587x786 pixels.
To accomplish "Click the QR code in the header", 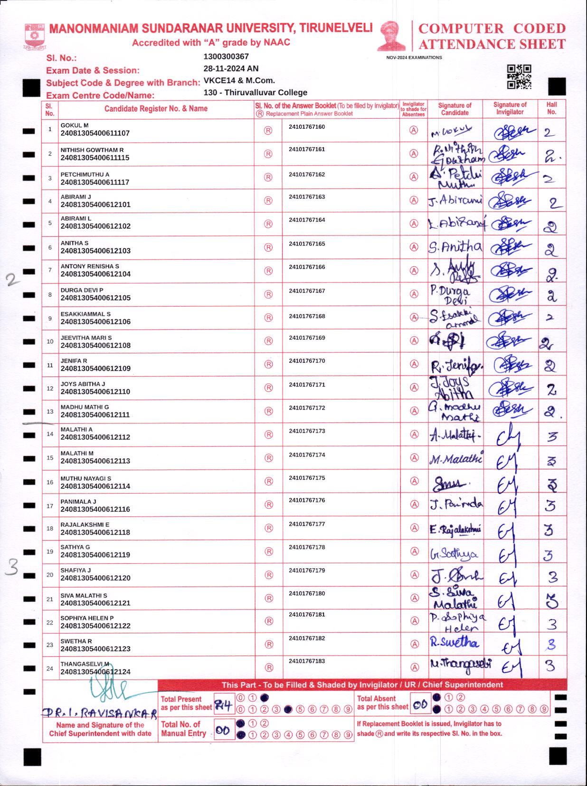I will tap(519, 77).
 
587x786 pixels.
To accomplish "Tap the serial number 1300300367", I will tap(226, 56).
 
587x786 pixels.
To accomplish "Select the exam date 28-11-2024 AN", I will tap(231, 68).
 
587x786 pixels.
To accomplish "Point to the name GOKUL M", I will tap(75, 125).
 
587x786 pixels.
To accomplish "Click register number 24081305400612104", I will tap(95, 274).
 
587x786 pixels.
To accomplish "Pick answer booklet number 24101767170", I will tap(307, 361).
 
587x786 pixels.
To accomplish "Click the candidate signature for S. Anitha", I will tap(454, 247).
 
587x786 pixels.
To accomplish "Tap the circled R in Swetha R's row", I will tap(269, 644).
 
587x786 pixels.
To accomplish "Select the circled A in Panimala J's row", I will tap(415, 505).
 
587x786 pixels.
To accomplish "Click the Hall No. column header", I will tap(551, 108).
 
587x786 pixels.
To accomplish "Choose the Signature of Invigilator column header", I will tap(510, 108).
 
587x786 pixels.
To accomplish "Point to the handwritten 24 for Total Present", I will tap(223, 705).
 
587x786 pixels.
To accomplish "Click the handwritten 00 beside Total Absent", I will tap(420, 705).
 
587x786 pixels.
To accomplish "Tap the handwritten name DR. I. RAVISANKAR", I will tap(100, 713).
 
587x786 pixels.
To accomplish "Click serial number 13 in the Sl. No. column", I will tap(50, 412).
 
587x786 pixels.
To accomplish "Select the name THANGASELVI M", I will tap(85, 664).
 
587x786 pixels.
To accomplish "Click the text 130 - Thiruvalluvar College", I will tap(255, 93).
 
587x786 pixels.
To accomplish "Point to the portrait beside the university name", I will tap(391, 36).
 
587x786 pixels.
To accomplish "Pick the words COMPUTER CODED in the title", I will tap(492, 28).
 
